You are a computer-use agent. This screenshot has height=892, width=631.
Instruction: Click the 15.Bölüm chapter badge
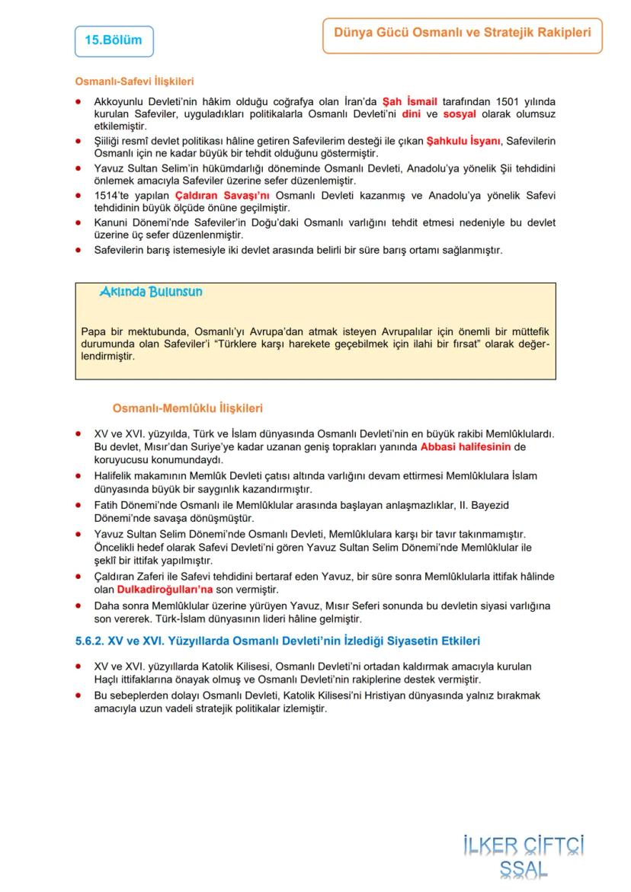tap(114, 41)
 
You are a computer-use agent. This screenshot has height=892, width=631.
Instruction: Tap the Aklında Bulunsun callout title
tap(151, 292)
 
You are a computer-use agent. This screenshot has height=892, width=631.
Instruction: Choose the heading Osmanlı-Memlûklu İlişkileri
tap(187, 408)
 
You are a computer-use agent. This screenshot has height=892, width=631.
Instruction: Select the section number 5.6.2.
tap(91, 641)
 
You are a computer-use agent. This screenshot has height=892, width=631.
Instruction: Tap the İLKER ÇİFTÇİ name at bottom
tap(523, 846)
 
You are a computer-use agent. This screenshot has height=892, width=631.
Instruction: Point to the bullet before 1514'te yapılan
tap(79, 196)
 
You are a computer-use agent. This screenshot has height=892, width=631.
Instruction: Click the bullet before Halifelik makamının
tap(79, 476)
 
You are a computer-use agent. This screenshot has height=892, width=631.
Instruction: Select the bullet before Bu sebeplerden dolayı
tap(79, 695)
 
